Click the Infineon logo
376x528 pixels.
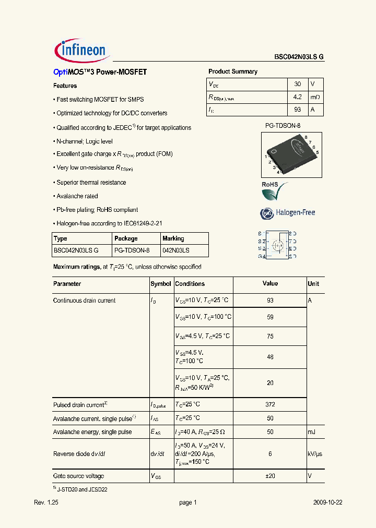coord(80,51)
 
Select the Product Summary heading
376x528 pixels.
coord(233,71)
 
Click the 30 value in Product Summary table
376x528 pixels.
coord(297,84)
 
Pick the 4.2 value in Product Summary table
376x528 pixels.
coord(297,97)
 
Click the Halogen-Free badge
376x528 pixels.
coord(288,213)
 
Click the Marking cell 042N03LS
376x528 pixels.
coord(176,250)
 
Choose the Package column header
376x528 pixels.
coord(126,238)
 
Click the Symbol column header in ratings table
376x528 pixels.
coord(161,284)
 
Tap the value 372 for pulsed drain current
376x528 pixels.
coord(270,404)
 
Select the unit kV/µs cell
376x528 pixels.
coord(315,454)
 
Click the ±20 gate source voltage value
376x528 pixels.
coord(270,476)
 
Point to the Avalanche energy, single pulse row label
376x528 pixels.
coord(92,432)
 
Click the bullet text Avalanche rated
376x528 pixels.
coord(77,196)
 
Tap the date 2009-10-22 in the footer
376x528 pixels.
coord(328,503)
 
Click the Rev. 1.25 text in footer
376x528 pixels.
coord(46,503)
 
